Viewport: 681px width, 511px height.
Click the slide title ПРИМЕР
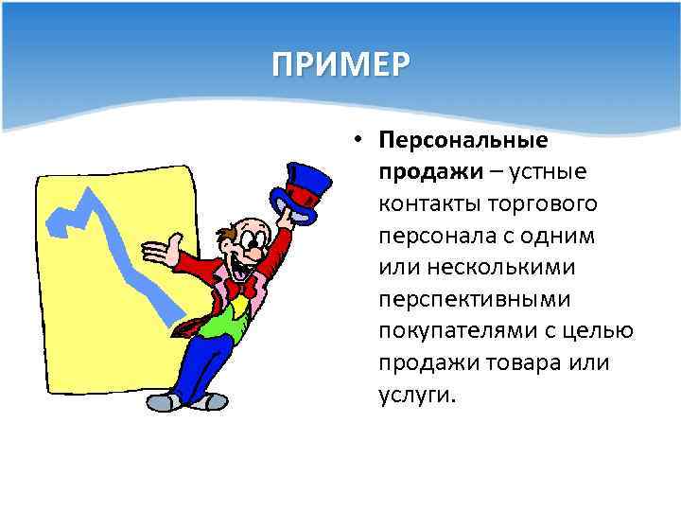point(340,66)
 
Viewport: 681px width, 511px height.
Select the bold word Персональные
point(463,140)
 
